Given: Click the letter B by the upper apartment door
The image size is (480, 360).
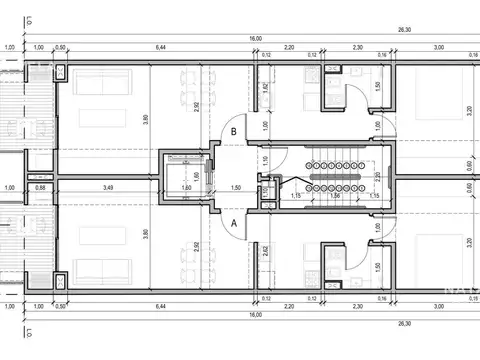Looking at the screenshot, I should [x=233, y=130].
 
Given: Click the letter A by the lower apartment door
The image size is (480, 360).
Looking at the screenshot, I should [x=233, y=225].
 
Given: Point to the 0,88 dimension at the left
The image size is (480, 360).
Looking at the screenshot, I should [x=40, y=187].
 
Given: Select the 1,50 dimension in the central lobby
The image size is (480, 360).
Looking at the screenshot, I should [x=236, y=187].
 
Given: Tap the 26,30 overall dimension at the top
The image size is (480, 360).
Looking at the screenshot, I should [x=405, y=31].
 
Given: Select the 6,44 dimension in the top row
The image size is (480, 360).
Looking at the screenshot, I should [x=160, y=47].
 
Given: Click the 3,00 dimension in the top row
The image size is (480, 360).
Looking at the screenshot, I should [x=437, y=47].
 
